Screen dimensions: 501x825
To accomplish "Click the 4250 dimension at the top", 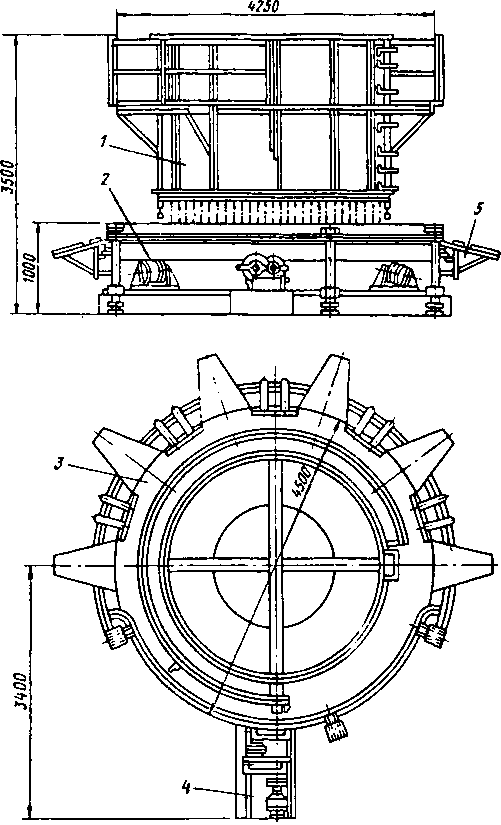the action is point(263,6).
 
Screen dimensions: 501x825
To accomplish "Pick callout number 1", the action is point(104,141).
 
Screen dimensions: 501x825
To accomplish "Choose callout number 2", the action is point(106,180).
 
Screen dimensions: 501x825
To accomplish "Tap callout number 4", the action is point(186,787).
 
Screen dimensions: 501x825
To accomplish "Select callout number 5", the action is point(477,209).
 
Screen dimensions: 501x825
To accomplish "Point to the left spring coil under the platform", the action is point(153,274).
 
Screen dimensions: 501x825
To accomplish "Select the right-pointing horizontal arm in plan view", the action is point(462,564).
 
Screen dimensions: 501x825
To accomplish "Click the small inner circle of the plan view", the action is point(274,566).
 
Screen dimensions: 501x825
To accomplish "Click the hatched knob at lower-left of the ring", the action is point(117,638).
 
